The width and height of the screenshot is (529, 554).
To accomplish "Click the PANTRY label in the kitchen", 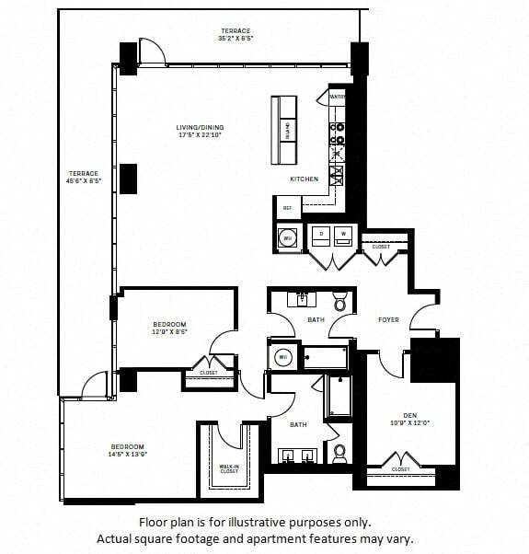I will [337, 96].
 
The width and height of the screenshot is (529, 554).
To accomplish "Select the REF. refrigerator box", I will [287, 208].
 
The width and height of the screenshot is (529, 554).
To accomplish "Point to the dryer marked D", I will [322, 234].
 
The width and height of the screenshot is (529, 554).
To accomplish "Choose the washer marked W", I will [345, 234].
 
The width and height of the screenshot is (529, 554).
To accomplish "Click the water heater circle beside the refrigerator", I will [287, 238].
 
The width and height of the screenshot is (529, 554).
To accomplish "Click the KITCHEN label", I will [304, 179].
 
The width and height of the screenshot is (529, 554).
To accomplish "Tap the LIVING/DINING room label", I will [200, 128].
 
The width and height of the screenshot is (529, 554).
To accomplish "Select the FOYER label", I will [388, 319].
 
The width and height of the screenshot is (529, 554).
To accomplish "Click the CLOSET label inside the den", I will [400, 469].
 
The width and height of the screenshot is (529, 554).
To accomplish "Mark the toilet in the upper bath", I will [339, 302].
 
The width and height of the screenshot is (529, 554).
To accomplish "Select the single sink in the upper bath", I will [301, 299].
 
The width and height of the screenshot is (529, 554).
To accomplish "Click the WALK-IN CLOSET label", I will [230, 469].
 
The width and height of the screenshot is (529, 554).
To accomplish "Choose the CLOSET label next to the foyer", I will [381, 247].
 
